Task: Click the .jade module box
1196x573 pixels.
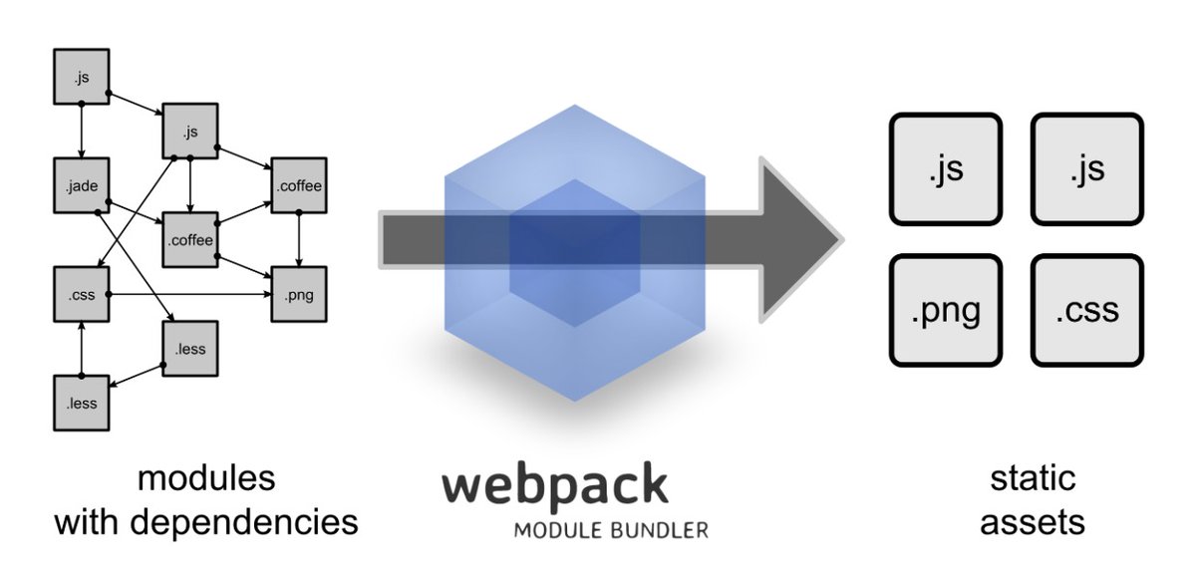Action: (82, 185)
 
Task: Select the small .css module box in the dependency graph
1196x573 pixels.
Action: (82, 294)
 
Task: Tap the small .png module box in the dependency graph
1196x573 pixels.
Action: (299, 294)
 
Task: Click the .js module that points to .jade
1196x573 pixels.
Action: (82, 77)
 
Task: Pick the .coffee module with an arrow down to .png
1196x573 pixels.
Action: (299, 185)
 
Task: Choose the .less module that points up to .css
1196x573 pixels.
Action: (82, 404)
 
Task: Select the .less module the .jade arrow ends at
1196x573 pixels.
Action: (190, 349)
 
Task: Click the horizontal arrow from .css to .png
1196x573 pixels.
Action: (190, 294)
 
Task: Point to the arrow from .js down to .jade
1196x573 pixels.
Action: (82, 130)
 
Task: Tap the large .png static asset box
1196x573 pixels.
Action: (946, 310)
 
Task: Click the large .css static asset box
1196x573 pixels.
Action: (1087, 310)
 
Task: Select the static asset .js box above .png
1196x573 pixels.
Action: (946, 169)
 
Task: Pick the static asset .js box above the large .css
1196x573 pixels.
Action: (1087, 169)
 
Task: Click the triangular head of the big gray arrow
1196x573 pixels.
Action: (795, 240)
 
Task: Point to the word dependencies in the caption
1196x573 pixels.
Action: (244, 523)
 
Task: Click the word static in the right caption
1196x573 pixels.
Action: (1033, 478)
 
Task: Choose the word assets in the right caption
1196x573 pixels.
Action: (1033, 522)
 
